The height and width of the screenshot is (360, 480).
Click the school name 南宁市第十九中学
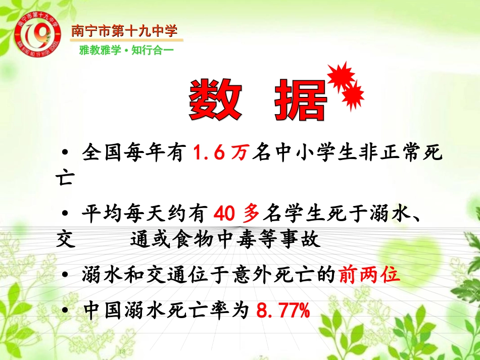click(124, 31)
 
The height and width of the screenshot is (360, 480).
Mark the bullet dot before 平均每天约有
click(65, 215)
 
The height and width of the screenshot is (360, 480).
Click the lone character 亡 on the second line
click(65, 179)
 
